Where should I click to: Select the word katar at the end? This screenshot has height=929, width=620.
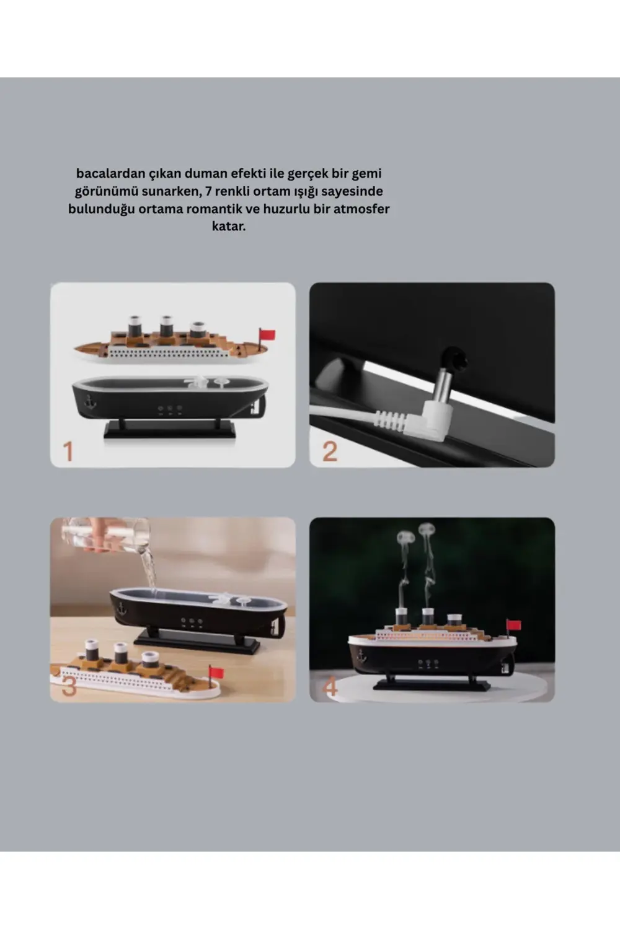[228, 226]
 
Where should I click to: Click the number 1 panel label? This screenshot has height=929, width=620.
[68, 451]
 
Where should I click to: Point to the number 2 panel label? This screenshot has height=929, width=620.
[330, 451]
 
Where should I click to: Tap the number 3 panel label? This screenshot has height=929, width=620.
[69, 686]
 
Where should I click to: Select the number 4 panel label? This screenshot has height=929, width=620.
[330, 686]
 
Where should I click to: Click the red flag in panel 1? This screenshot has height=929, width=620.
[268, 335]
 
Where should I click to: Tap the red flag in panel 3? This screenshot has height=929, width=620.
[216, 672]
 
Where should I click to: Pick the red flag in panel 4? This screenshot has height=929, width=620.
[514, 624]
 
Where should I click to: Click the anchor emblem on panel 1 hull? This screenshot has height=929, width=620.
[90, 401]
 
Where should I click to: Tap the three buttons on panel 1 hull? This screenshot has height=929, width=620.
[169, 409]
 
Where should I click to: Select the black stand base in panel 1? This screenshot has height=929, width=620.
[169, 430]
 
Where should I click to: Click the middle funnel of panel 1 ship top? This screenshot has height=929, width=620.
[166, 326]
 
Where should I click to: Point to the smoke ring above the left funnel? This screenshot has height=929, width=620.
[406, 536]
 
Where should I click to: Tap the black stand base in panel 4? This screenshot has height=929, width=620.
[432, 684]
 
